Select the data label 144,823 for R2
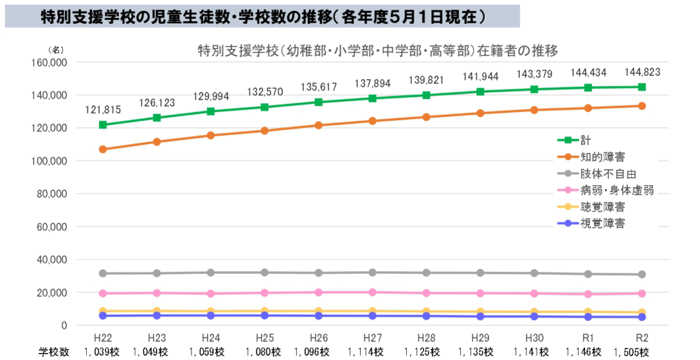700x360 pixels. tap(642, 72)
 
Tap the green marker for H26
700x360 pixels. tap(319, 102)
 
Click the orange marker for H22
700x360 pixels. tap(103, 149)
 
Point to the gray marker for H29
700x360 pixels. tap(481, 273)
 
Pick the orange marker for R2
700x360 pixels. tap(642, 106)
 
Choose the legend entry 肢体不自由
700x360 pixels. tap(604, 174)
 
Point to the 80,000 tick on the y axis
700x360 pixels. tap(50, 194)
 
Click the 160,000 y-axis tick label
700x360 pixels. tap(47, 62)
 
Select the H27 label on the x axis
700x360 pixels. tap(373, 337)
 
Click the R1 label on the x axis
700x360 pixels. tap(588, 337)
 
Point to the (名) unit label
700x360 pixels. tap(55, 50)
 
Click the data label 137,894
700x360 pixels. tap(373, 83)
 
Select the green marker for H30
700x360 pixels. tap(534, 89)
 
